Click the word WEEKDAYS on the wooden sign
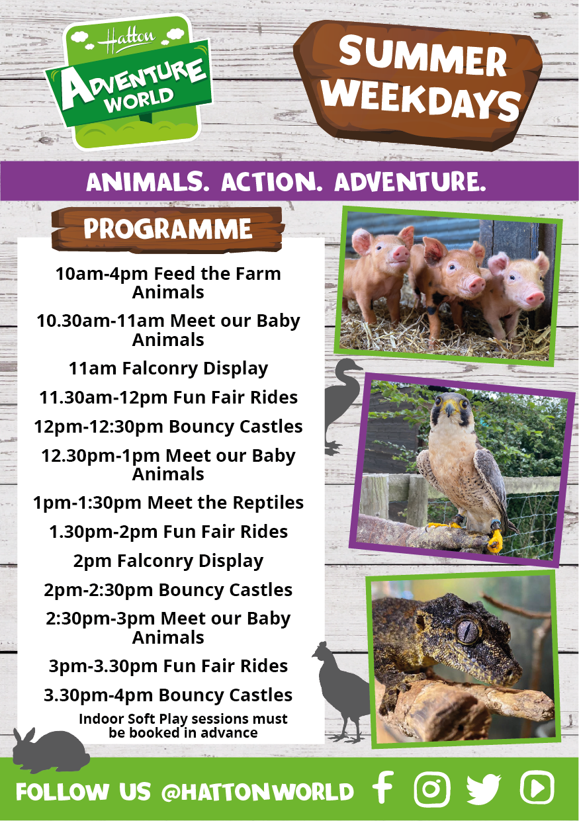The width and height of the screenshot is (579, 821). coord(422,100)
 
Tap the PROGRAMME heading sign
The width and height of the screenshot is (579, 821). coord(168,229)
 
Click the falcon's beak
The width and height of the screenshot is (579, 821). coord(449,410)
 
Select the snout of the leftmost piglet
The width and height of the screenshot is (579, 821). coord(401,253)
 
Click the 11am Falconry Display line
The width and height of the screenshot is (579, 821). coord(168,368)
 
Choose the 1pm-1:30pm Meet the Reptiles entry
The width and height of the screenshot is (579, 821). coord(168,503)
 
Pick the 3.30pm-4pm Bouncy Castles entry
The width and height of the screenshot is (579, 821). coord(168,695)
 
